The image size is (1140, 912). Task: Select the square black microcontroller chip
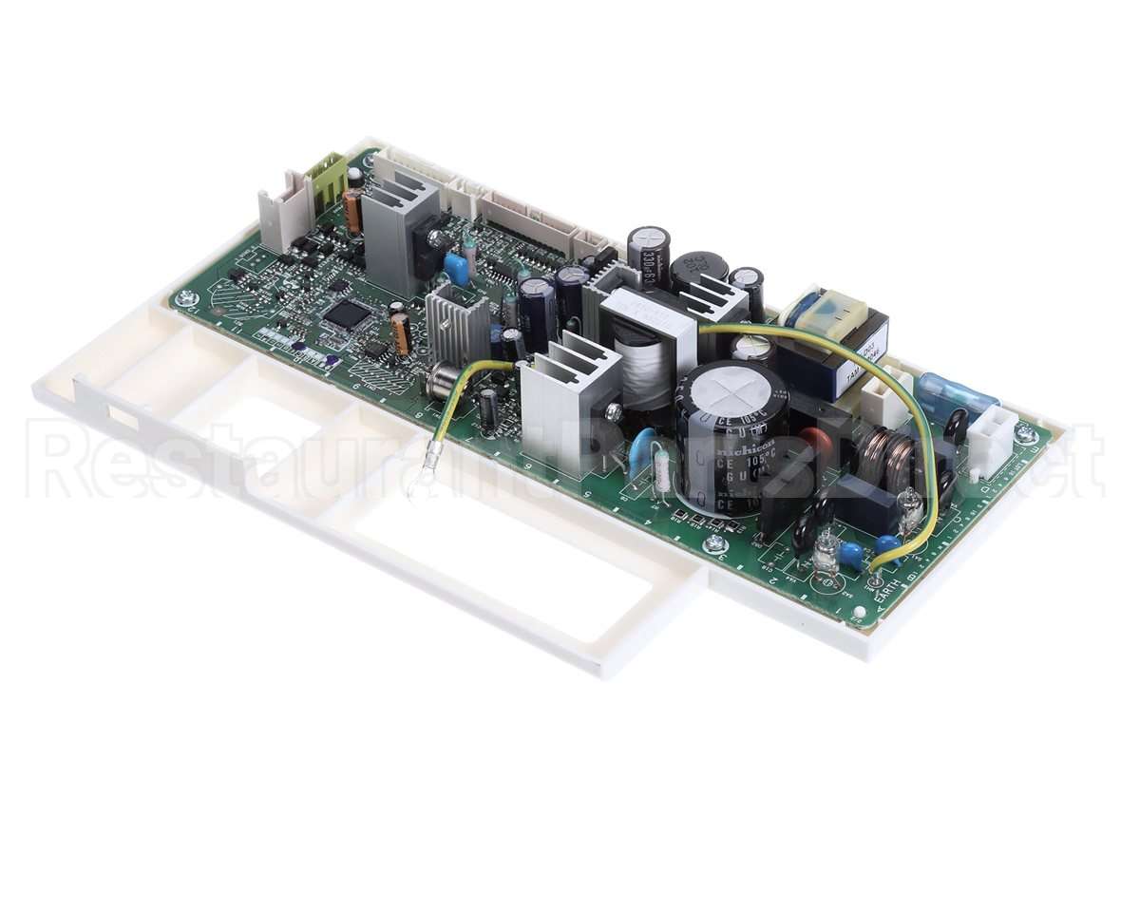(347, 314)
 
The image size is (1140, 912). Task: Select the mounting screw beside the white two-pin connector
(1024, 433)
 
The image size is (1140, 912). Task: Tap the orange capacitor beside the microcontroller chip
(402, 333)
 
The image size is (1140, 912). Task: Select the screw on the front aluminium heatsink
(613, 410)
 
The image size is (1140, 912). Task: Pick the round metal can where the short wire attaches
(441, 380)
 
